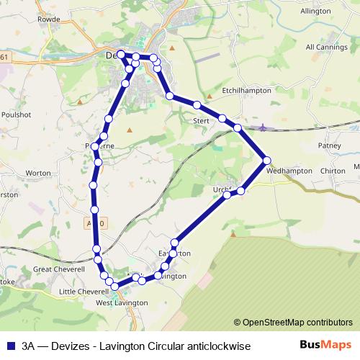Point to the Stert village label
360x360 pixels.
coord(201,121)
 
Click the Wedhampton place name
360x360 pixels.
coord(289,171)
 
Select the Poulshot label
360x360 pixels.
coord(16,114)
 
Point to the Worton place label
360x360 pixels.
coord(38,173)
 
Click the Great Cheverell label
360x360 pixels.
coord(59,269)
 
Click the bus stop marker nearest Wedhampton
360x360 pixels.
coord(267,160)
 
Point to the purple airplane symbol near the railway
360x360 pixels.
coord(263,127)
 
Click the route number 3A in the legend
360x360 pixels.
coord(30,346)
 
